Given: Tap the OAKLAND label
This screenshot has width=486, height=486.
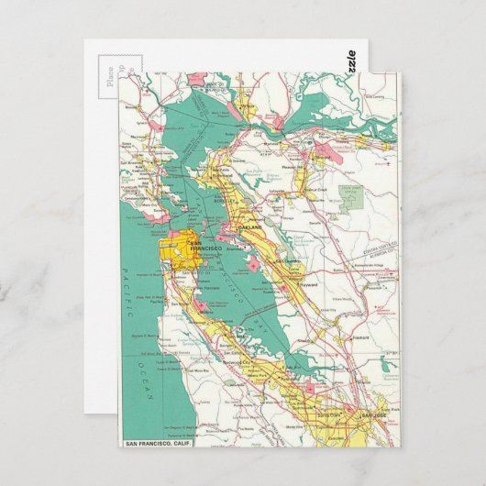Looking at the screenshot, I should click(x=249, y=226).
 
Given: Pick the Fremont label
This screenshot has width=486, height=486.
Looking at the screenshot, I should click(x=360, y=337).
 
